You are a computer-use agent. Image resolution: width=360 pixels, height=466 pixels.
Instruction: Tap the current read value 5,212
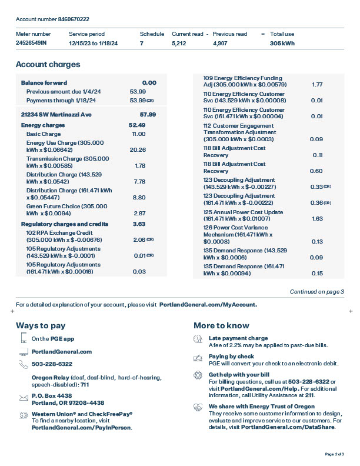(179, 44)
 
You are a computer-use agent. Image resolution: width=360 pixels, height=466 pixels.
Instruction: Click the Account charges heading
(48, 65)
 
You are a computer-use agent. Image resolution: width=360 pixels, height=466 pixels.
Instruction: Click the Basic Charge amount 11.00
(138, 134)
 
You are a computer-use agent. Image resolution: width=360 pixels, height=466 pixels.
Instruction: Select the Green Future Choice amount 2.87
(139, 213)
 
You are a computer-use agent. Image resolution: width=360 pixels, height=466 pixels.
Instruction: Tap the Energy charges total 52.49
(136, 125)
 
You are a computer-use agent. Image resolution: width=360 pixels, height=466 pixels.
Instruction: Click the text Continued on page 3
(316, 292)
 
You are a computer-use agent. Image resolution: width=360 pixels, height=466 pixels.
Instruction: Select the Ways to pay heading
(41, 325)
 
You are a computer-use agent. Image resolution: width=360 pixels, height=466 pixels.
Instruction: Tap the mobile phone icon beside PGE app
(24, 338)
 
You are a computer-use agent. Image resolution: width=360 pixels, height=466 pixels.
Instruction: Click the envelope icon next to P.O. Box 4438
(24, 398)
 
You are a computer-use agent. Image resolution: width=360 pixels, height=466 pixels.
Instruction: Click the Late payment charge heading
(238, 338)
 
